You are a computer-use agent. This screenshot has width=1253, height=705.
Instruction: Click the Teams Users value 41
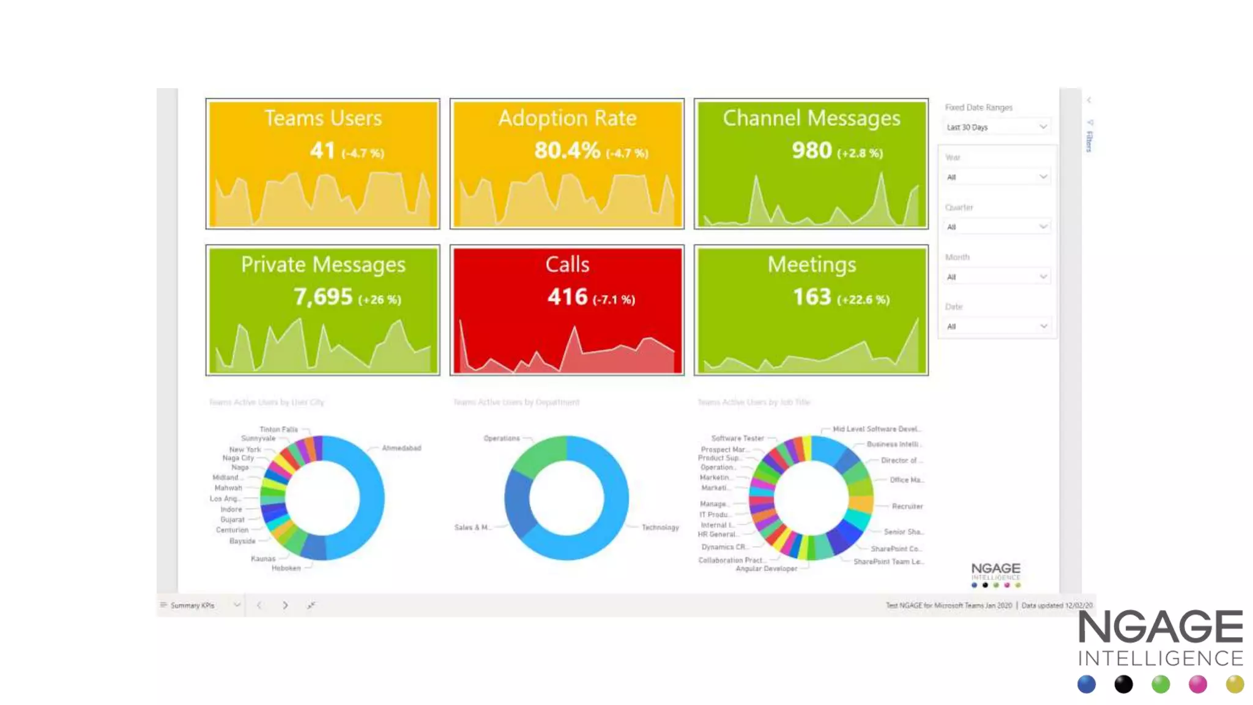point(322,151)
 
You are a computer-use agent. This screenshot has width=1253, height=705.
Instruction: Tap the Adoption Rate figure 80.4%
point(567,151)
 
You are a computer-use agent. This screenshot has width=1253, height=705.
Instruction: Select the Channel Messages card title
point(811,118)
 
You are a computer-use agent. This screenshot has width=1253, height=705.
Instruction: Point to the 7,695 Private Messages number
point(323,297)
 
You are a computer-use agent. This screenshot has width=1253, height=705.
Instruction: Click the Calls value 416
point(567,297)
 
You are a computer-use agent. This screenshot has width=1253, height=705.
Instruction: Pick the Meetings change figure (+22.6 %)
point(863,300)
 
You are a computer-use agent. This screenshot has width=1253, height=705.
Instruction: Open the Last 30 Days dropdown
point(997,127)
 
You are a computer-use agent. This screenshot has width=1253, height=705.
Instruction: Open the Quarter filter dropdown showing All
point(997,227)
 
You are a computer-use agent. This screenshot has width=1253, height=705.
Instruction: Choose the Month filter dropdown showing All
point(997,277)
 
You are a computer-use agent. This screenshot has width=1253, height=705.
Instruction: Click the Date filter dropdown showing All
point(997,327)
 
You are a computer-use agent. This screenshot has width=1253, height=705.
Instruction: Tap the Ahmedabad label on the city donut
point(401,449)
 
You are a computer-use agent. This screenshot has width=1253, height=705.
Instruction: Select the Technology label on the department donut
point(660,528)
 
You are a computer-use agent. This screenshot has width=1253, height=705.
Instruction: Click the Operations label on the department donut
point(501,439)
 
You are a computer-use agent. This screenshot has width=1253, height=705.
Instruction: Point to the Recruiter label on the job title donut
point(907,507)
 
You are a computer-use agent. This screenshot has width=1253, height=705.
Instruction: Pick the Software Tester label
point(737,439)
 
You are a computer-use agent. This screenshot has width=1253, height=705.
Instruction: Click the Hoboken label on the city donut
point(286,569)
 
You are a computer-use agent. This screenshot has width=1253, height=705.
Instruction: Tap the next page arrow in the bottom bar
point(285,605)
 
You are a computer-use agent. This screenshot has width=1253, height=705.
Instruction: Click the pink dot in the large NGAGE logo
point(1197,684)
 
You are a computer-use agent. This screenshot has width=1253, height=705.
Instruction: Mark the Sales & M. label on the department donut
point(472,528)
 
